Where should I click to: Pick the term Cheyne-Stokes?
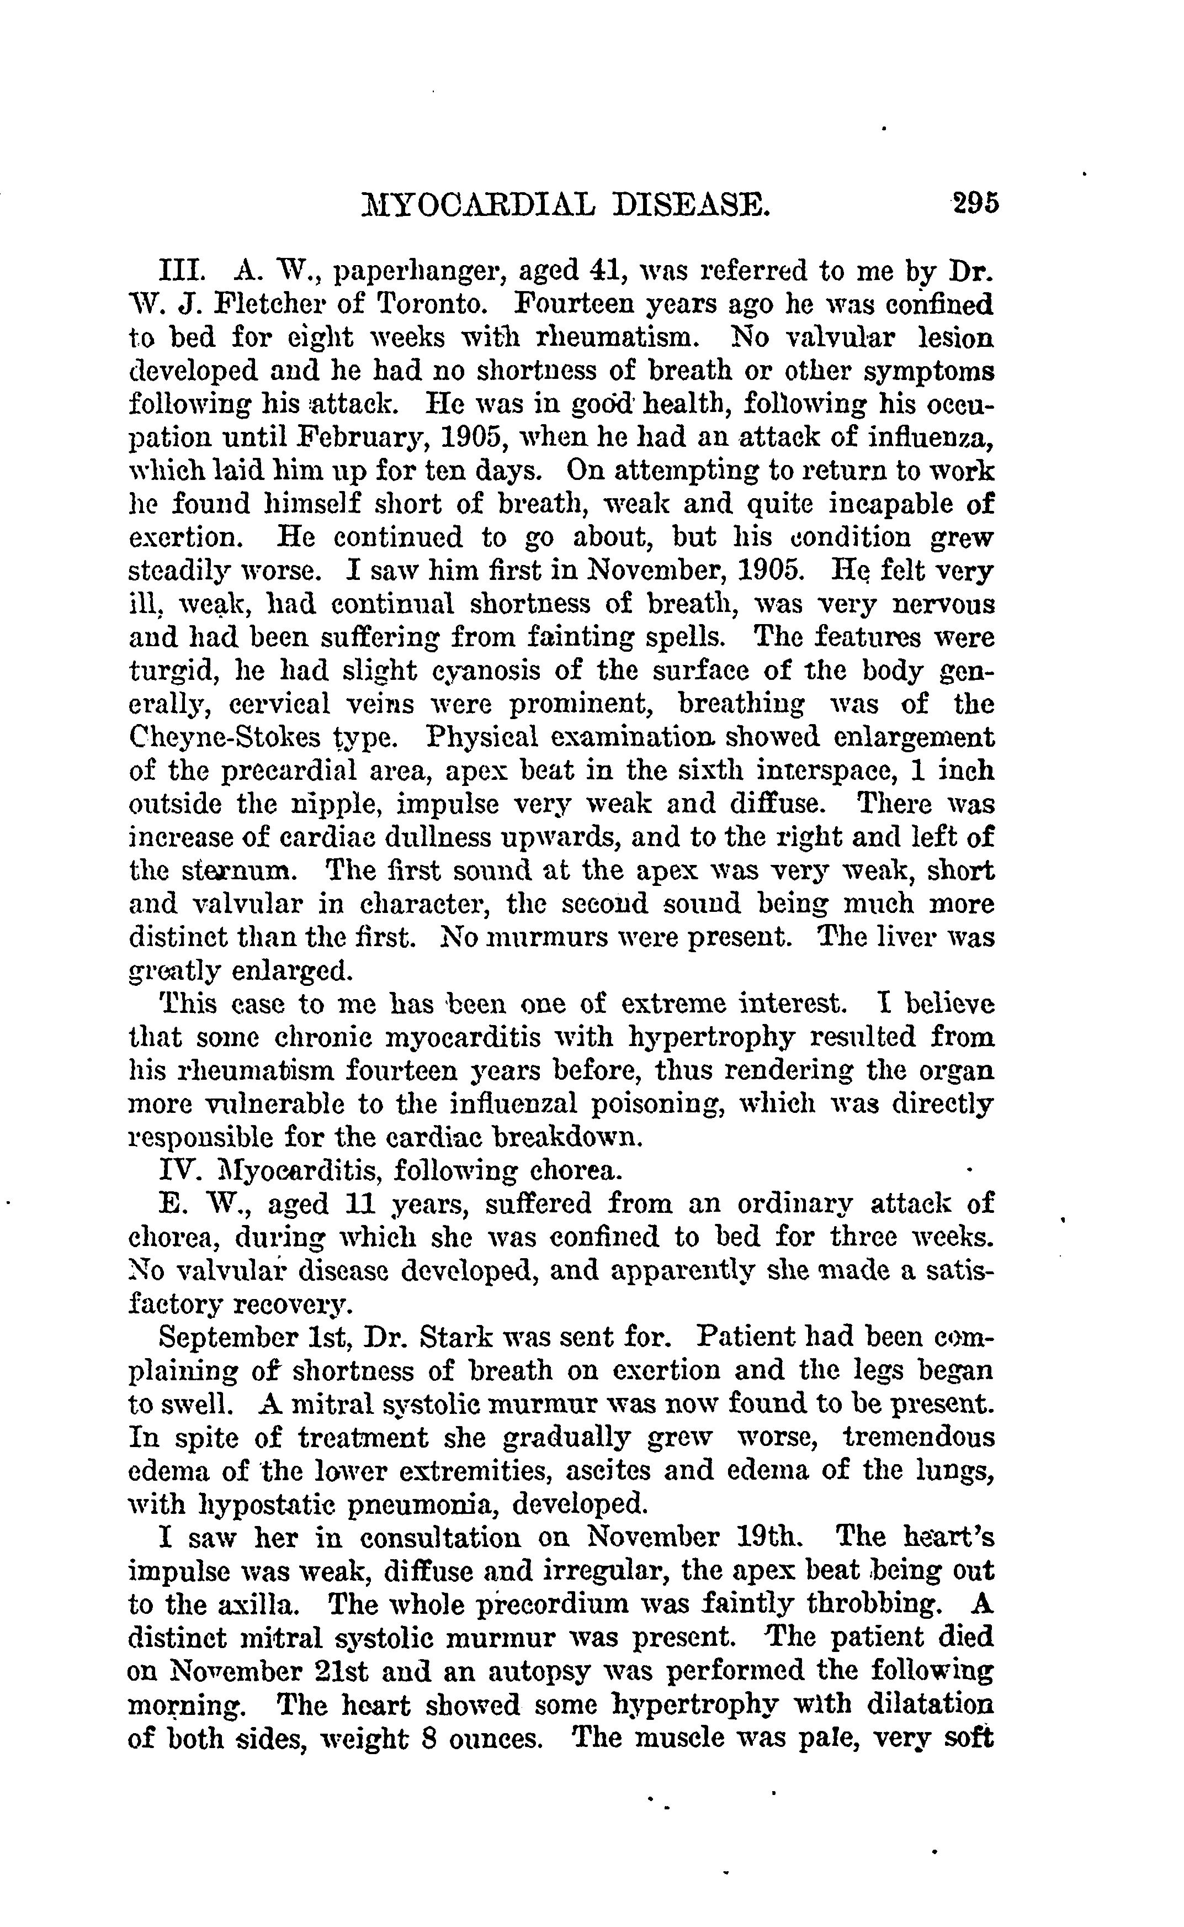226,738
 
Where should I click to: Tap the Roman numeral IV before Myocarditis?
179,1171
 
